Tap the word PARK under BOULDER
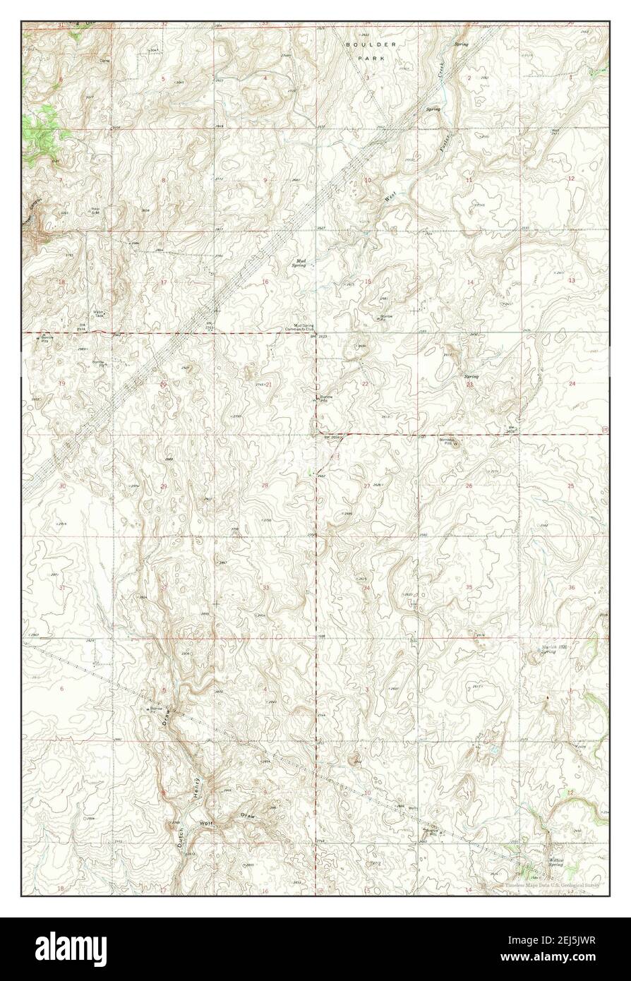click(x=372, y=59)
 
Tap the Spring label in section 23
click(x=471, y=376)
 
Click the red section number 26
click(x=468, y=486)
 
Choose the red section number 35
click(x=469, y=587)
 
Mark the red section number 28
click(x=265, y=486)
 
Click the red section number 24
click(x=572, y=383)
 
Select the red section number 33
click(x=265, y=587)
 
